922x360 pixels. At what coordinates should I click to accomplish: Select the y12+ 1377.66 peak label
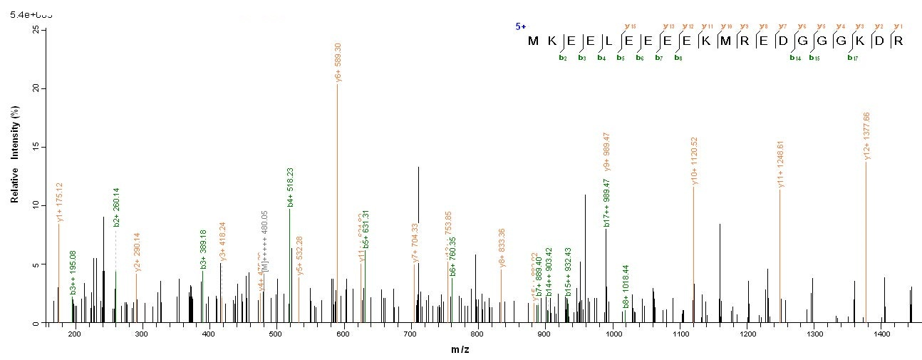point(866,136)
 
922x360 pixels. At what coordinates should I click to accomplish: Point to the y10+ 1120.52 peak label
point(694,162)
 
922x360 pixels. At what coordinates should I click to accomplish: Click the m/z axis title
point(459,349)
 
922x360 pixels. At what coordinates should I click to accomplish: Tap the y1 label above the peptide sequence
point(898,26)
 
